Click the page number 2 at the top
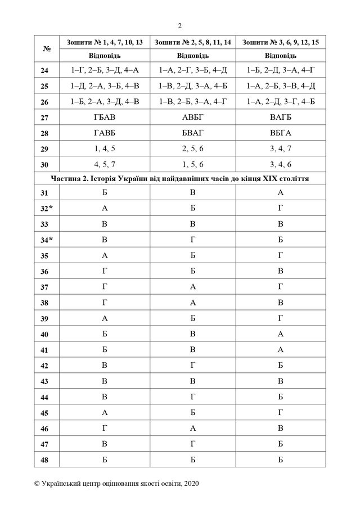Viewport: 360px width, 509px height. tap(179, 25)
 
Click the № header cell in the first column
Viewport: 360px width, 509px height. tap(47, 49)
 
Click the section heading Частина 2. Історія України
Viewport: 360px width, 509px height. tap(179, 179)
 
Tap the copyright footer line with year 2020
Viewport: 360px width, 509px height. tap(116, 484)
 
